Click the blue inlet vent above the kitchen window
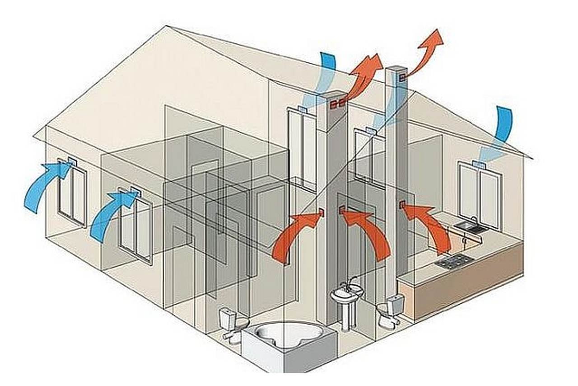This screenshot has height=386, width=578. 478,163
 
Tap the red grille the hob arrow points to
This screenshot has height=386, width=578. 401,205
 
